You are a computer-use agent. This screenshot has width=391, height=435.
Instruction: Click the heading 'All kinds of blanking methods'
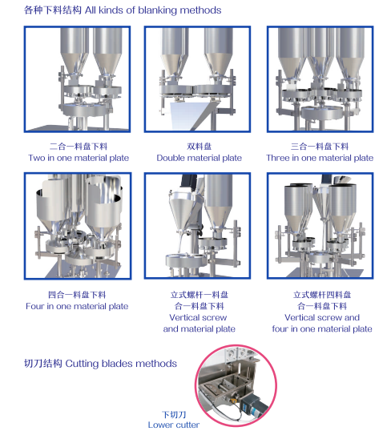153,10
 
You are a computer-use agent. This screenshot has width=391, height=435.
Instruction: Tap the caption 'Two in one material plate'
79,158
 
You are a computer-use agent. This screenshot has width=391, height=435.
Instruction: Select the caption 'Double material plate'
200,158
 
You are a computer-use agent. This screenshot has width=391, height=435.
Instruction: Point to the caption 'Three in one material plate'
320,158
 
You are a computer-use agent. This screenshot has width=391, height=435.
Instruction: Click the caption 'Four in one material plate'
77,306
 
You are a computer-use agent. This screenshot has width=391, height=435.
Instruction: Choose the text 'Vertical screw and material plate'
199,323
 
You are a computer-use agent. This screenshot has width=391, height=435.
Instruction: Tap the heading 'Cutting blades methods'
121,364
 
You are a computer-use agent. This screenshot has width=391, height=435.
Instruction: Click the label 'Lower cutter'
173,425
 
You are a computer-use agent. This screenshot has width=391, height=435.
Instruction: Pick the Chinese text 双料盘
199,147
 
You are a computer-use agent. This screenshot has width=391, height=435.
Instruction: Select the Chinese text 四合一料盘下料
77,295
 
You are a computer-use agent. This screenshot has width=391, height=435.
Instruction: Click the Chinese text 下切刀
174,414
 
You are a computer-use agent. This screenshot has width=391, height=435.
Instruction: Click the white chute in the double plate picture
187,115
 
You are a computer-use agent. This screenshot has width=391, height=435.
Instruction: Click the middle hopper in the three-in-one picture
320,54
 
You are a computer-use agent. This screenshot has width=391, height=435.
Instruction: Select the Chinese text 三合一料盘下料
320,147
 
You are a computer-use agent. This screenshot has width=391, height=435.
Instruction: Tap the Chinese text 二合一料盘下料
79,147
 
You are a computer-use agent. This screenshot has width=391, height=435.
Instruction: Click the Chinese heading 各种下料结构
53,10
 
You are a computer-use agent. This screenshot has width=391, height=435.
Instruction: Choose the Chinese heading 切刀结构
43,364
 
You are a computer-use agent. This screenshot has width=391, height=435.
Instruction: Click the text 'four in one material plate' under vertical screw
322,328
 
